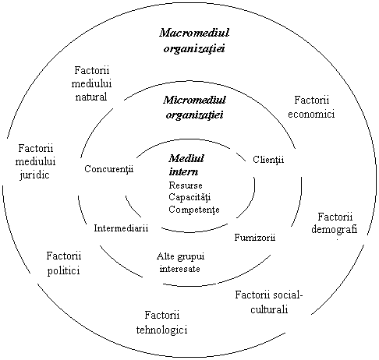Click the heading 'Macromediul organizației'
tap(194, 41)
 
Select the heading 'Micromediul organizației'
tap(194, 107)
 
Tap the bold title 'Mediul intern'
tap(186, 165)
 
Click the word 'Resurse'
tap(186, 185)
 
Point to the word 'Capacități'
tap(189, 197)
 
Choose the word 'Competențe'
tap(194, 210)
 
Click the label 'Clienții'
tap(268, 160)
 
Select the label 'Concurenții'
tap(109, 169)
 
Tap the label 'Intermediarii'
tap(121, 228)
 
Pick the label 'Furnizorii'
tap(255, 238)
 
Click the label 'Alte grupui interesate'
tap(180, 263)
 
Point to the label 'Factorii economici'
tap(311, 107)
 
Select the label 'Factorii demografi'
tap(335, 224)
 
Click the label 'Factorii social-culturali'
tap(269, 302)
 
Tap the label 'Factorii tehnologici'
tap(161, 323)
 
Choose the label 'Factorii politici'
tap(64, 263)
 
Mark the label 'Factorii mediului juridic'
tap(35, 162)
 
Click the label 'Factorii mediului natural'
tap(91, 83)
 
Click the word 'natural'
tap(91, 97)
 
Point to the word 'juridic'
tap(34, 175)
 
